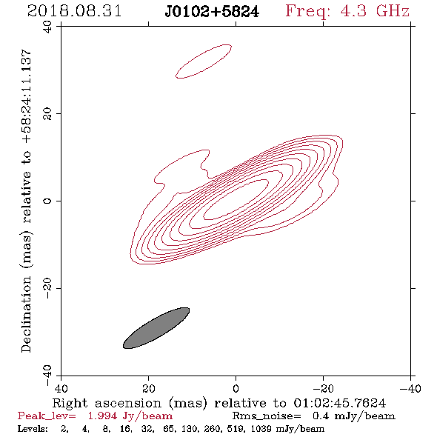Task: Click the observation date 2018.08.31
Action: point(74,11)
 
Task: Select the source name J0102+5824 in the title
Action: point(212,12)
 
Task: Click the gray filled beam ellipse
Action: point(156,328)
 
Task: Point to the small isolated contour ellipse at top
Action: point(204,61)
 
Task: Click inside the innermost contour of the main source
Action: point(236,199)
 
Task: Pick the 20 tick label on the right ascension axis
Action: point(148,388)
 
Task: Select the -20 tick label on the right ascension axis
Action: point(323,388)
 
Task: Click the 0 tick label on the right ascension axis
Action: point(236,388)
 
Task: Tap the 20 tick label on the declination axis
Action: point(47,114)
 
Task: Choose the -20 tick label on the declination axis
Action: point(47,288)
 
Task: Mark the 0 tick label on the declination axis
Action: point(47,201)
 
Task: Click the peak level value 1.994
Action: point(102,416)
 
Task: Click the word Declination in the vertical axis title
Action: point(26,314)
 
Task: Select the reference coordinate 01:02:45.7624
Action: point(340,403)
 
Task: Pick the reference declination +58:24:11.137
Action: point(27,96)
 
